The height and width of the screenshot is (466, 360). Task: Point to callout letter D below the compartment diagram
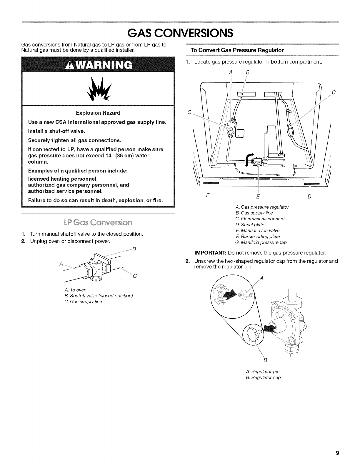pyautogui.click(x=309, y=196)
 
